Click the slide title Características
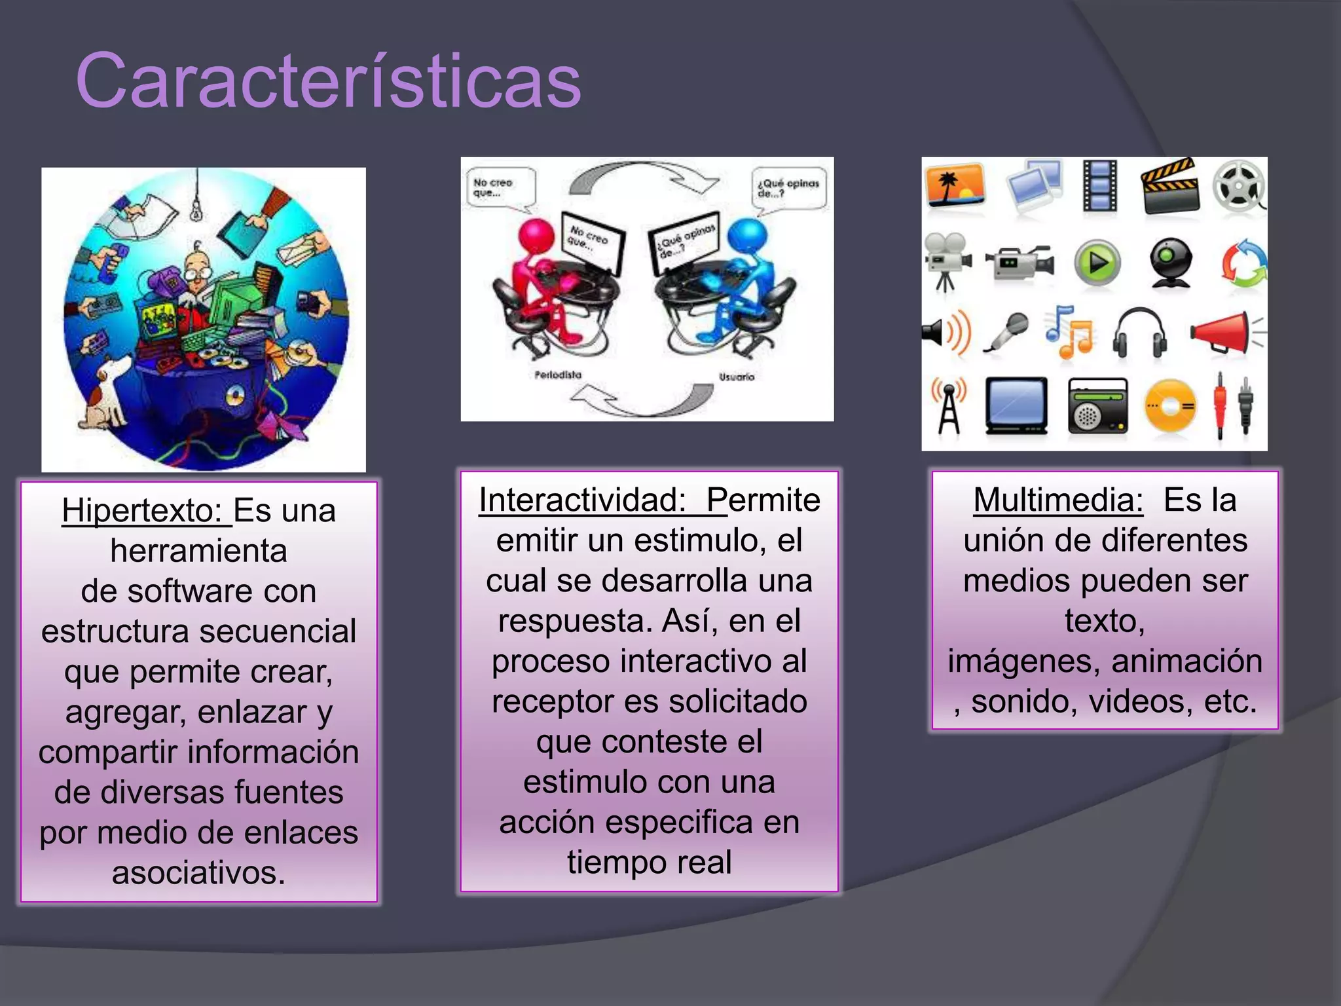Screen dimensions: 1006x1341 tap(329, 81)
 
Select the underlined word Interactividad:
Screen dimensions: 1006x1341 tap(582, 500)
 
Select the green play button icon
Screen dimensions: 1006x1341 tap(1097, 263)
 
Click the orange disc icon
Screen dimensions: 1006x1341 tap(1170, 407)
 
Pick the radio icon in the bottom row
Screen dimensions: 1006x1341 tap(1097, 407)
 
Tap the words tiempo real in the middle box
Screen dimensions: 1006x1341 tap(649, 863)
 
